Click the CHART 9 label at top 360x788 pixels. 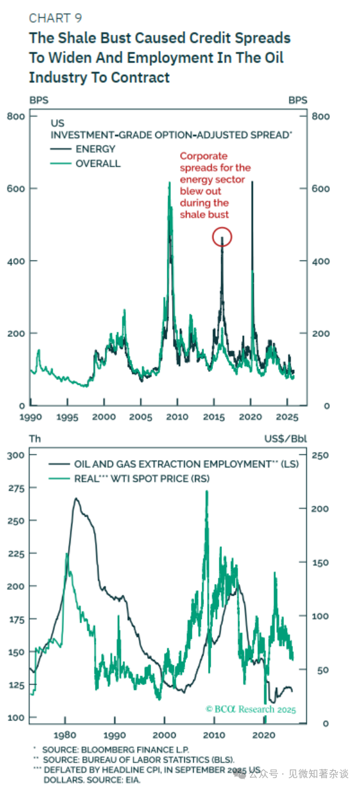[55, 18]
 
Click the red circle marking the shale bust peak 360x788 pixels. [222, 238]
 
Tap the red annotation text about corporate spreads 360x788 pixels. [215, 185]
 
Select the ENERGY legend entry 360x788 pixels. [95, 149]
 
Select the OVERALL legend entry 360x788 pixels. [97, 163]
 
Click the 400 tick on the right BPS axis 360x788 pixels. [321, 261]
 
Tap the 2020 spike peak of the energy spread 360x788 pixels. [252, 182]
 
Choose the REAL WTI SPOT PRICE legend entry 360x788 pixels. [141, 478]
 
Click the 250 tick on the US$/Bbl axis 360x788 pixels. [321, 455]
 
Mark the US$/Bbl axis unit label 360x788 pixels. [286, 439]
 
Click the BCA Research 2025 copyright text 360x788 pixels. [251, 709]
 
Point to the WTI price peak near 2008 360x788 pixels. [207, 492]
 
